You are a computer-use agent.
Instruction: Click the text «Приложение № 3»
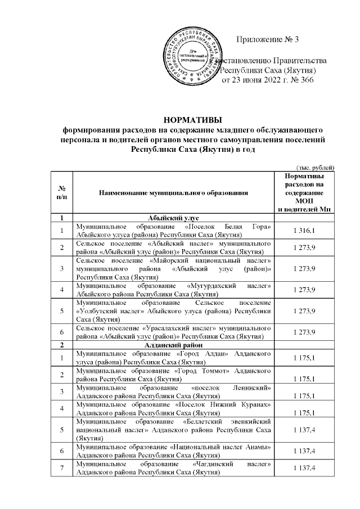pos(268,39)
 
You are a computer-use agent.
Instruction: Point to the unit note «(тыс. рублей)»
pos(316,166)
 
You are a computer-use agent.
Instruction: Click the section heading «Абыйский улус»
pos(173,217)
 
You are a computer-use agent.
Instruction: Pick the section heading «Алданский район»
pos(173,344)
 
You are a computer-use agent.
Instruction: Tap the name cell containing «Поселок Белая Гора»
pos(173,229)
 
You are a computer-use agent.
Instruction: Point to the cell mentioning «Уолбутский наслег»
pos(173,310)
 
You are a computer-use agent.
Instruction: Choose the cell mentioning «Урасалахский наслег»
pos(173,332)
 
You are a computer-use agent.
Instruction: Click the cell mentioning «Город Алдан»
pos(173,357)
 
